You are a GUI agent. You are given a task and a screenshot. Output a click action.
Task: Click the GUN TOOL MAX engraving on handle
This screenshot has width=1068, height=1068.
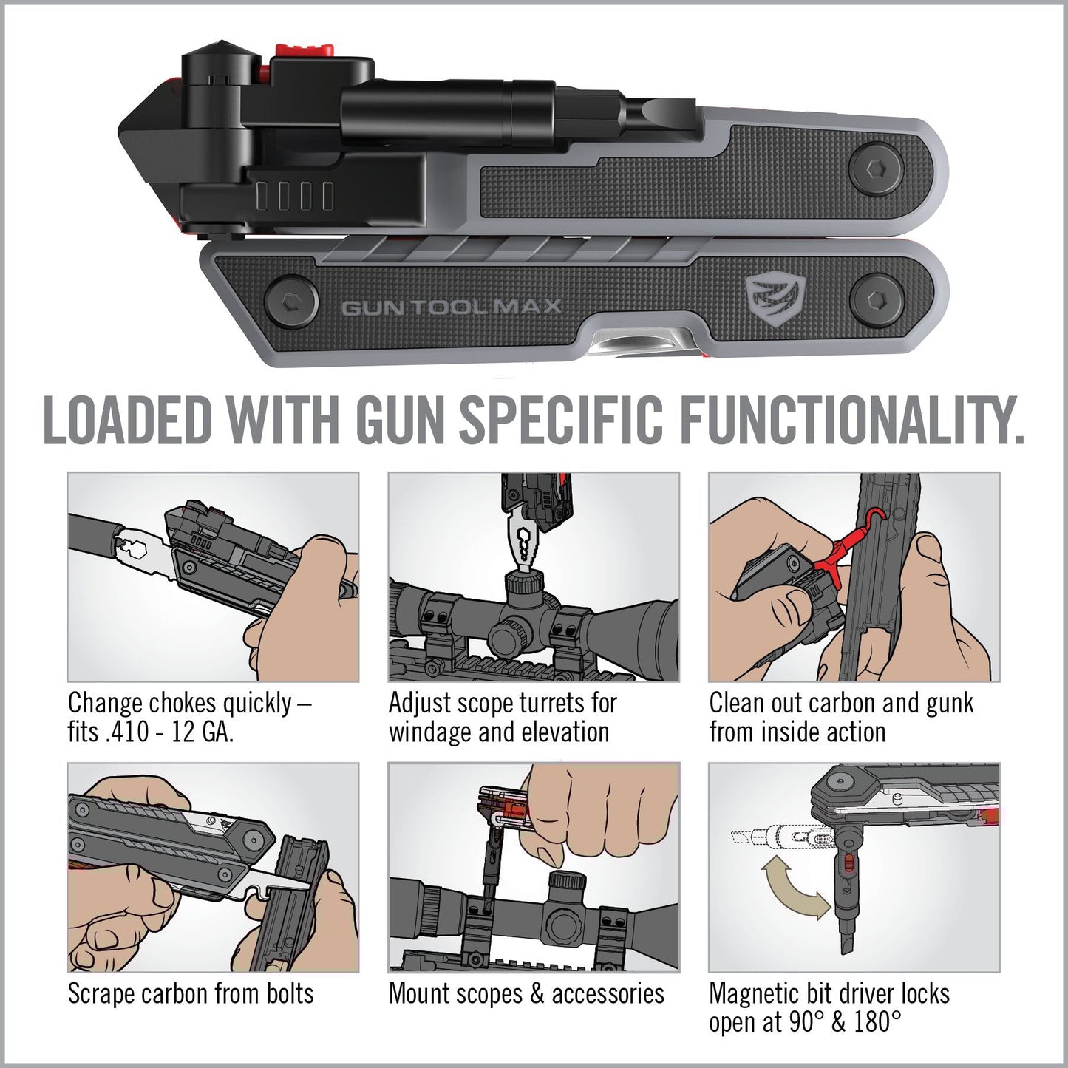452,307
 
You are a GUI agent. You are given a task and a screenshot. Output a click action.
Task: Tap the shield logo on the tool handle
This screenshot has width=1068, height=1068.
764,298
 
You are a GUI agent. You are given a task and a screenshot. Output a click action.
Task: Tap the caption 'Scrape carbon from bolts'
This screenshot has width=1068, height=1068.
191,994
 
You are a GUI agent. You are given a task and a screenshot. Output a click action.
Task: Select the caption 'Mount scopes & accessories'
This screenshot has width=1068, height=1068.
526,994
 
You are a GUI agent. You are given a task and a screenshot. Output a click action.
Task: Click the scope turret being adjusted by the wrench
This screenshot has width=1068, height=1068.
523,584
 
